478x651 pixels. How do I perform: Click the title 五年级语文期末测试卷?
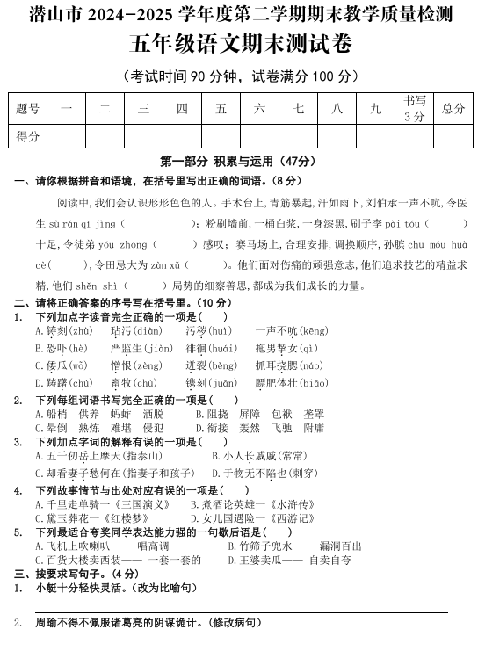coord(238,43)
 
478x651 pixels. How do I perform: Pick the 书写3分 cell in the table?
coord(414,109)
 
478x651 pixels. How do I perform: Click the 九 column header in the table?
coord(376,109)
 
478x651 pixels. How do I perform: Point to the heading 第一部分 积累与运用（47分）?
coord(238,162)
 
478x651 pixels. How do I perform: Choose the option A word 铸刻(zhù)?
coord(63,331)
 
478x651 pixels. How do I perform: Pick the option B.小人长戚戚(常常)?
coord(259,456)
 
